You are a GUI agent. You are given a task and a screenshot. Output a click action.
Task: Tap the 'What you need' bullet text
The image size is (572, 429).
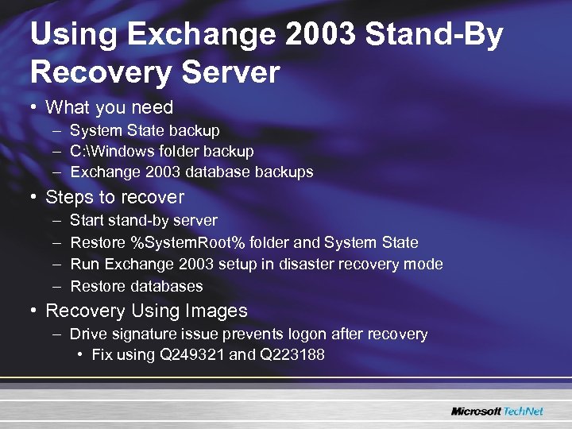pyautogui.click(x=109, y=107)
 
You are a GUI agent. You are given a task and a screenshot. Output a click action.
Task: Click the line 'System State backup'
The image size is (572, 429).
pyautogui.click(x=145, y=130)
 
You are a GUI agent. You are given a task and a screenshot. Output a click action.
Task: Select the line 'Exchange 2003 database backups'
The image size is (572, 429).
pyautogui.click(x=191, y=172)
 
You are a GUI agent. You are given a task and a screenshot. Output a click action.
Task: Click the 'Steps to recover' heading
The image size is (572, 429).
pyautogui.click(x=114, y=197)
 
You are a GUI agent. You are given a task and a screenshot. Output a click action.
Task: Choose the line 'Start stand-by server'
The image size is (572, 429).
pyautogui.click(x=143, y=220)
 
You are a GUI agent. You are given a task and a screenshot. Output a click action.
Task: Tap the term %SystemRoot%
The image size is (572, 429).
pyautogui.click(x=182, y=242)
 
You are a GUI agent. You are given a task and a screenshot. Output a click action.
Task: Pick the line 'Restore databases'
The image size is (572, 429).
pyautogui.click(x=137, y=286)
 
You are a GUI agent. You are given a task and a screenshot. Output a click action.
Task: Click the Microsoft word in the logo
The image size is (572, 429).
pyautogui.click(x=476, y=412)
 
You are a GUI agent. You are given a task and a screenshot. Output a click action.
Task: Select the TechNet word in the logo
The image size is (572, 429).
pyautogui.click(x=524, y=412)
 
